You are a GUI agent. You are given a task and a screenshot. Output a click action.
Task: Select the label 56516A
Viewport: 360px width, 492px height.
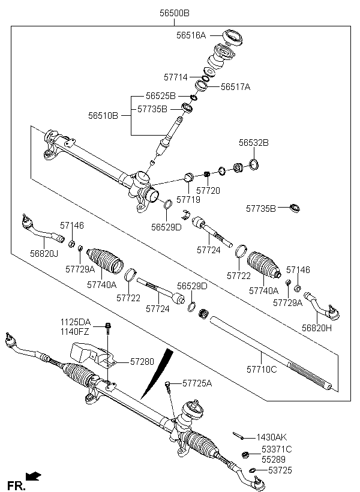(x=191, y=35)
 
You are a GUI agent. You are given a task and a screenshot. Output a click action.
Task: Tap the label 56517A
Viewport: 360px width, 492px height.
(x=235, y=87)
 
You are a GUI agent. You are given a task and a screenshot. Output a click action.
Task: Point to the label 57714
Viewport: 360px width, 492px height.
(x=176, y=77)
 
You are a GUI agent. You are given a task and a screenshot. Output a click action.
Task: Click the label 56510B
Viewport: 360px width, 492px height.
(x=104, y=116)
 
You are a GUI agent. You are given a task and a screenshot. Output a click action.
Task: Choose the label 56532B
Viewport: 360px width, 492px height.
(x=253, y=143)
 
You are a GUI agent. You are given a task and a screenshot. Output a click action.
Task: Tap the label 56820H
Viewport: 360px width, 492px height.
(x=316, y=328)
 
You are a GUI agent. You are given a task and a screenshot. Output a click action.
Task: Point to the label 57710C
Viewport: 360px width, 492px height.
(x=262, y=369)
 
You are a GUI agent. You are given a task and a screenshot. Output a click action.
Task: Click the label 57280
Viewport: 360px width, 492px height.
(x=142, y=362)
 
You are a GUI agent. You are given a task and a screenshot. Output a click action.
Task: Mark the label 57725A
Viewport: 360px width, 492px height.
(x=197, y=382)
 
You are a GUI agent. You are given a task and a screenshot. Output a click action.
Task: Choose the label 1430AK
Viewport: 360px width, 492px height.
(x=272, y=437)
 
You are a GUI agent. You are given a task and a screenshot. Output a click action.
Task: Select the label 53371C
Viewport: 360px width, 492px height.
(x=277, y=449)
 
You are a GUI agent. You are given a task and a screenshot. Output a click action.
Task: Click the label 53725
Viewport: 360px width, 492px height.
(x=280, y=470)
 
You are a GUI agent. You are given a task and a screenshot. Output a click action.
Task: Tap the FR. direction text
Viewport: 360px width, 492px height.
(x=16, y=484)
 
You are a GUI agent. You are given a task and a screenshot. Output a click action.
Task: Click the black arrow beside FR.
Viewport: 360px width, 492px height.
(x=34, y=477)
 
